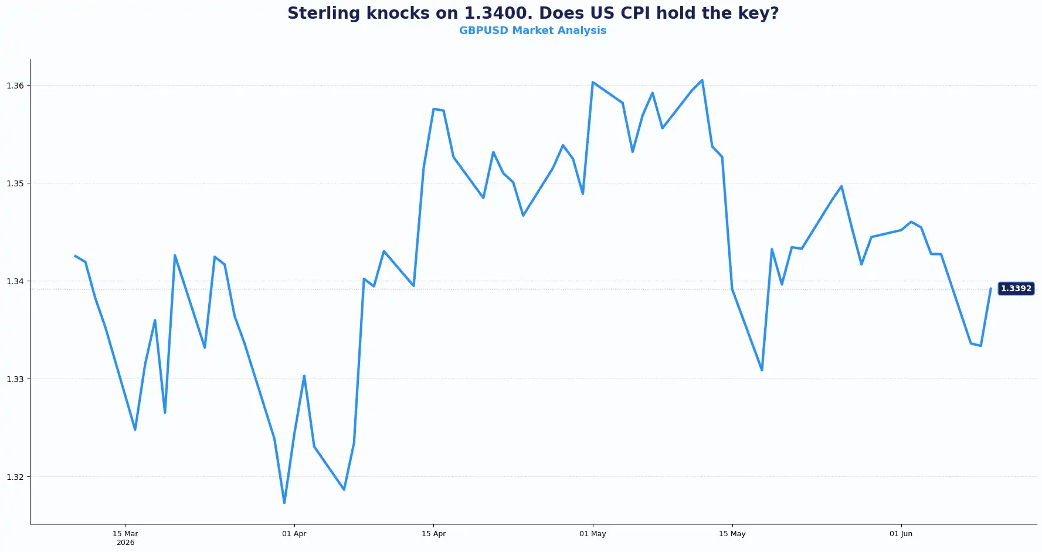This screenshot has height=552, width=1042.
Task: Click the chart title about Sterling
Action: point(533,13)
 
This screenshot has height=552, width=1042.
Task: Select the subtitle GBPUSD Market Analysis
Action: point(532,30)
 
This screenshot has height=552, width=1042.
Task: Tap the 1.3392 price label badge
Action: point(1016,288)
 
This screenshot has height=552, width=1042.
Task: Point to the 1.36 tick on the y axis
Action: point(15,86)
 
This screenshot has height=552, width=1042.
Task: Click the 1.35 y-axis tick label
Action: point(15,183)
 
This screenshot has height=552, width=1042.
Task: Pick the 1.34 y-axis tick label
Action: point(15,281)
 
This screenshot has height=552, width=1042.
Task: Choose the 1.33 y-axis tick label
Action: point(15,379)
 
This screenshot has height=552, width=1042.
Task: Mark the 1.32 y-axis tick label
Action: point(15,477)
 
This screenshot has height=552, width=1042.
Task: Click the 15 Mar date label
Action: point(125,534)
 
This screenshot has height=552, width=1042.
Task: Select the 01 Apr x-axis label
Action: point(294,534)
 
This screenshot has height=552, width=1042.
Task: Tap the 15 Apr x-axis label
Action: point(434,534)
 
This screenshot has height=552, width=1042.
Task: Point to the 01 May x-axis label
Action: point(593,534)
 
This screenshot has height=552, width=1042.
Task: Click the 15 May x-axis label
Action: point(732,534)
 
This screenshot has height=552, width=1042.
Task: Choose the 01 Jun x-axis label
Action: point(901,534)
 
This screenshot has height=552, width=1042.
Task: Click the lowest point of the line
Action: point(284,503)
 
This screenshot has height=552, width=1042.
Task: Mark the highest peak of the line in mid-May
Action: point(702,80)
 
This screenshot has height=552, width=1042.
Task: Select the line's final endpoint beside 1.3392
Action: point(990,288)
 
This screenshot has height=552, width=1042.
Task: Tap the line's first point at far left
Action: point(75,256)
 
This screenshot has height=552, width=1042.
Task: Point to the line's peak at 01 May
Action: point(593,82)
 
